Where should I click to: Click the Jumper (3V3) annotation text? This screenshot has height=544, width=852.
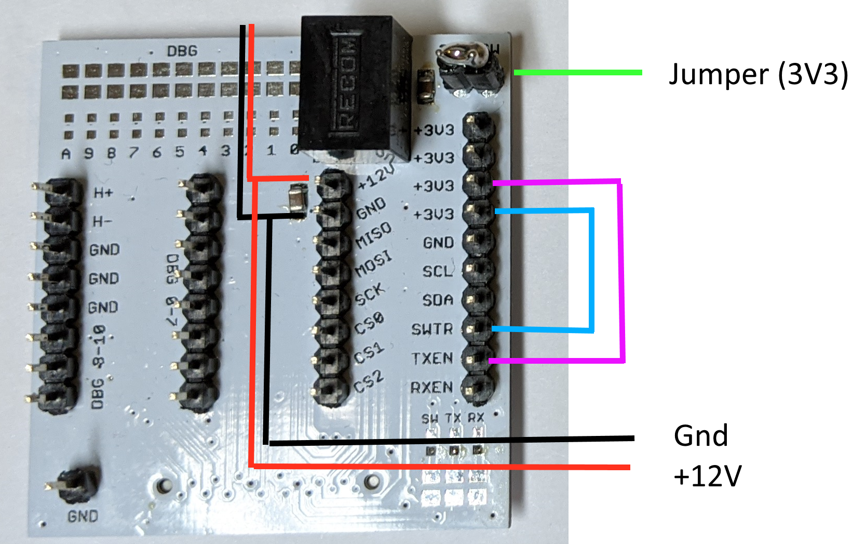758,74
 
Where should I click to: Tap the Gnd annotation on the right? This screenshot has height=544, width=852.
700,435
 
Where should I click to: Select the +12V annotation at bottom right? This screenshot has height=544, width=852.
707,476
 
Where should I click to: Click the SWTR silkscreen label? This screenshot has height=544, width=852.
432,329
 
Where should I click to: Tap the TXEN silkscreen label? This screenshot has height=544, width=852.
432,359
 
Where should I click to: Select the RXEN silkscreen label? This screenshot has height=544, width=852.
431,388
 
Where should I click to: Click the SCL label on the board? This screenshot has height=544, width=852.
438,271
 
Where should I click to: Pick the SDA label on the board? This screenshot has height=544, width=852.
438,300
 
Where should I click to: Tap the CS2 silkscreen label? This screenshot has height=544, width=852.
369,382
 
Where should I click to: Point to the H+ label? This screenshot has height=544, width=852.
103,193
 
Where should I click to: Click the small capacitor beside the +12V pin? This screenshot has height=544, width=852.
297,200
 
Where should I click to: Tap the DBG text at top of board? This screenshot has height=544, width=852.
182,51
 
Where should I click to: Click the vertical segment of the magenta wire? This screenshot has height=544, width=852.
621,270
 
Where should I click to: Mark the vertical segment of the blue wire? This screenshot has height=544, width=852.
591,270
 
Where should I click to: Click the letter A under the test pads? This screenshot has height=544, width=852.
66,154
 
